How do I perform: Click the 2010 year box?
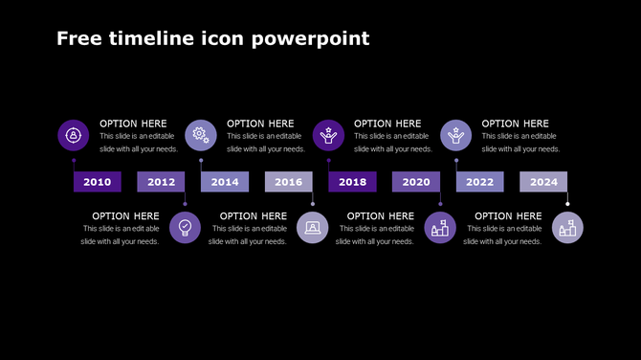[x=97, y=182]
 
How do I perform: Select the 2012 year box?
[x=161, y=182]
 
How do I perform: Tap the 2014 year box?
[x=225, y=182]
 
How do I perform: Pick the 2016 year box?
[x=288, y=182]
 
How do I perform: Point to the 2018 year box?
[x=352, y=182]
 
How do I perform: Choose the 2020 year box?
[x=415, y=182]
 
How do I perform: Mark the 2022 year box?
[x=479, y=182]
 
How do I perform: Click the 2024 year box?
[x=543, y=182]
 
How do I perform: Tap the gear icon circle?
[x=201, y=135]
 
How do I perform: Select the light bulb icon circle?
[x=186, y=228]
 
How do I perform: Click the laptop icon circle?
[x=313, y=228]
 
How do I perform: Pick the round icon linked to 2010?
[x=74, y=135]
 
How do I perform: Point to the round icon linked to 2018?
[x=328, y=135]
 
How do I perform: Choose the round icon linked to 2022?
[x=455, y=135]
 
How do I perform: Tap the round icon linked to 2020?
[x=440, y=228]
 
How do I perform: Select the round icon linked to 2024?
[x=567, y=228]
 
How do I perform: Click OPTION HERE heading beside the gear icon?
[x=260, y=124]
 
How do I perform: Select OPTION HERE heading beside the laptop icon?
[x=254, y=216]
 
